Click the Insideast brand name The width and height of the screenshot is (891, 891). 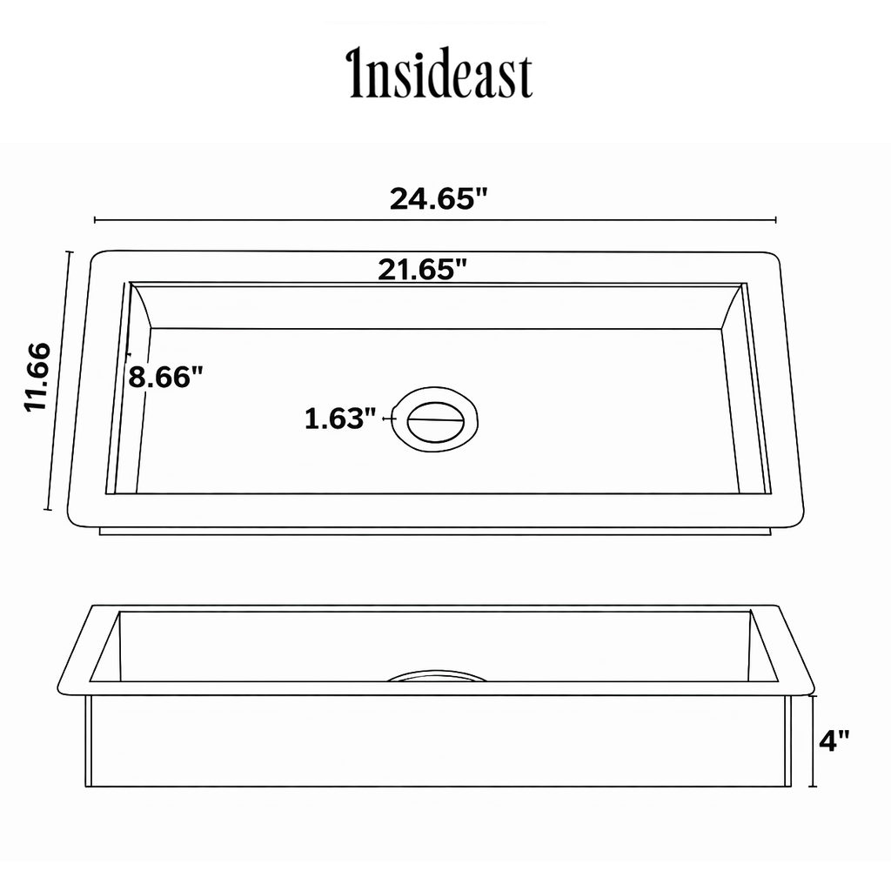tap(440, 75)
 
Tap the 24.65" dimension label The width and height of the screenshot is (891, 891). tap(437, 198)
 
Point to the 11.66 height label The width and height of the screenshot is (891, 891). tap(39, 376)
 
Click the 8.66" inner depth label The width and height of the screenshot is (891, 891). tap(166, 377)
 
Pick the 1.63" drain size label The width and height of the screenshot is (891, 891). tap(339, 419)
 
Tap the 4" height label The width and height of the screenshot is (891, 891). tap(834, 740)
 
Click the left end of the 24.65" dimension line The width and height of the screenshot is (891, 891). tap(94, 220)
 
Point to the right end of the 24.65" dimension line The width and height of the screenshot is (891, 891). tap(775, 220)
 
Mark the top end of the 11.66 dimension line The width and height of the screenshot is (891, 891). tap(69, 252)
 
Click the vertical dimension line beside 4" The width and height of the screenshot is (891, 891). tap(813, 740)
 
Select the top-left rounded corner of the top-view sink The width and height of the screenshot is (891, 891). tap(99, 258)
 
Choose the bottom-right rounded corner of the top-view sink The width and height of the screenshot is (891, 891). tap(794, 519)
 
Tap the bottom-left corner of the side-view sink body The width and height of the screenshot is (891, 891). tap(87, 786)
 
